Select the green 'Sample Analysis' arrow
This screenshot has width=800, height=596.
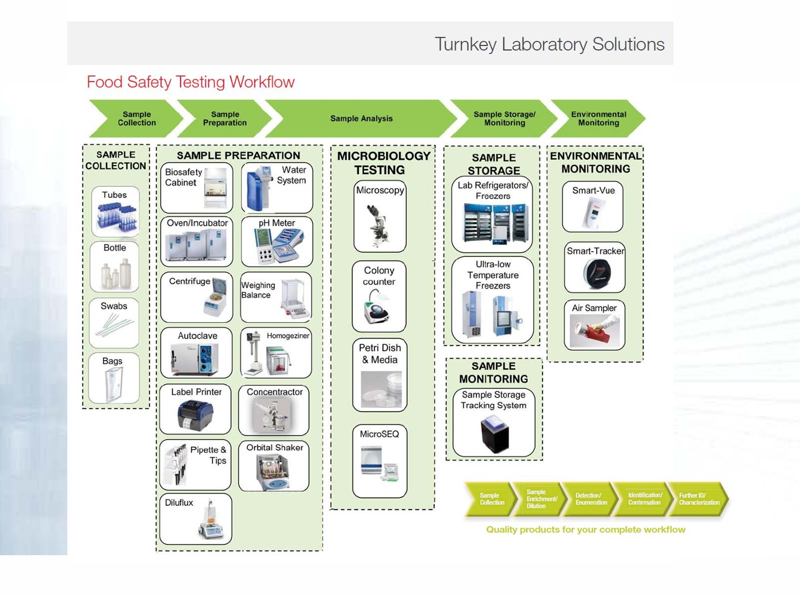pos(361,118)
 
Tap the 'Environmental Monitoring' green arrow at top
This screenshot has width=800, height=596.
pos(598,118)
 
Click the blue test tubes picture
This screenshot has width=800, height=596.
pos(116,218)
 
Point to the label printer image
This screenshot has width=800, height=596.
pos(195,414)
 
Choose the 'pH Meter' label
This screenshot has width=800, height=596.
pos(277,223)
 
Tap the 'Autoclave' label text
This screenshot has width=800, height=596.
pos(197,335)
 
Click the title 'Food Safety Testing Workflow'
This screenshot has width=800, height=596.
pos(190,82)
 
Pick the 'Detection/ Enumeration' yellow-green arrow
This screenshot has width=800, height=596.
pos(591,499)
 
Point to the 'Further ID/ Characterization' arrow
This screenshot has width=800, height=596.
pos(699,499)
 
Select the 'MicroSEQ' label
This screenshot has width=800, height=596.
pos(380,434)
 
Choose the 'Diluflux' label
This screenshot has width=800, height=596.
pos(179,502)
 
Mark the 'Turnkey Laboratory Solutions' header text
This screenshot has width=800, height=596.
pos(550,44)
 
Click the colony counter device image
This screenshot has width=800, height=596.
pos(377,307)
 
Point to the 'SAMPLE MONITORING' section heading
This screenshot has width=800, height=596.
pos(493,372)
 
